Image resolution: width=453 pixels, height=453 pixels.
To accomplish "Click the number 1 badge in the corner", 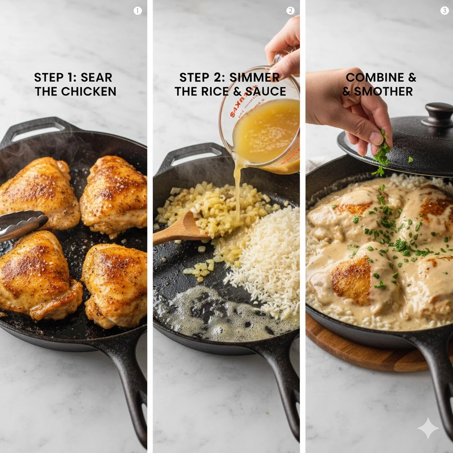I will [x=138, y=11].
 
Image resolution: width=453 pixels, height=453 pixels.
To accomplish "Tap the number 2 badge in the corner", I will [x=290, y=11].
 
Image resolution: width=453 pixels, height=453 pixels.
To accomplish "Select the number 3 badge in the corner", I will [x=444, y=11].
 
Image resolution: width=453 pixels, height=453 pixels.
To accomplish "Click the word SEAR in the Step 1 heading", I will [x=97, y=77].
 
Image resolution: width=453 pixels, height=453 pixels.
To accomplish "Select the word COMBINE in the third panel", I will [x=375, y=77].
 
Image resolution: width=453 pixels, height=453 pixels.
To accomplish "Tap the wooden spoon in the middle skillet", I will [x=181, y=230].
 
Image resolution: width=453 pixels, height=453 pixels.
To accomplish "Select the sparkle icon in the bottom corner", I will [x=428, y=428].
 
